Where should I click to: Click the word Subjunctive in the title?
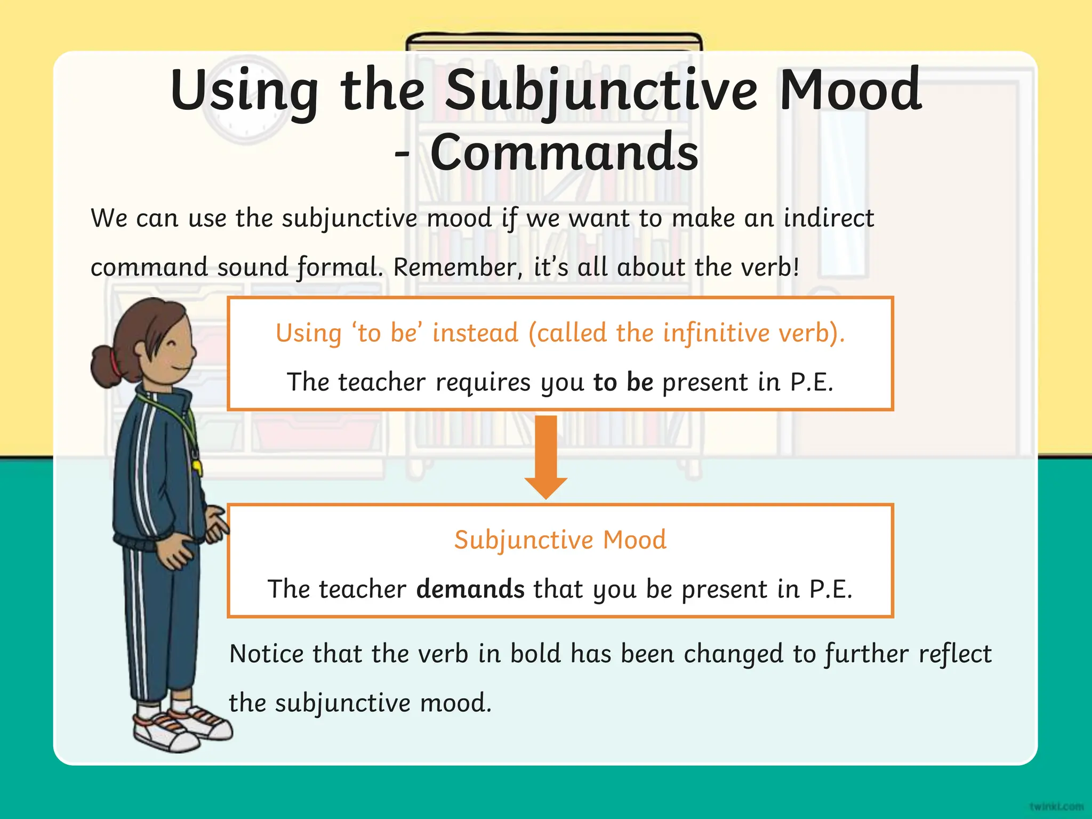coord(601,91)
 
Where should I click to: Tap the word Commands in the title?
coord(564,153)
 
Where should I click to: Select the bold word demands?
coord(470,589)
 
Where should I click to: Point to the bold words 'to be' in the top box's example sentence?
coord(623,382)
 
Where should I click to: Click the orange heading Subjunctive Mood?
coord(560,540)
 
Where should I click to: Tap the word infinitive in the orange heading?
coord(717,333)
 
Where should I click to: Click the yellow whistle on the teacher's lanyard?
coord(197,467)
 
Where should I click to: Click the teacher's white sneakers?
coord(181,728)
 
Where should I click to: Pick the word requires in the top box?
coord(483,382)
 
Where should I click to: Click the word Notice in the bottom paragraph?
coord(266,654)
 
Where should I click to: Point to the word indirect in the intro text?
coord(829,218)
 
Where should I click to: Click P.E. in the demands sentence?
coord(831,589)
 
